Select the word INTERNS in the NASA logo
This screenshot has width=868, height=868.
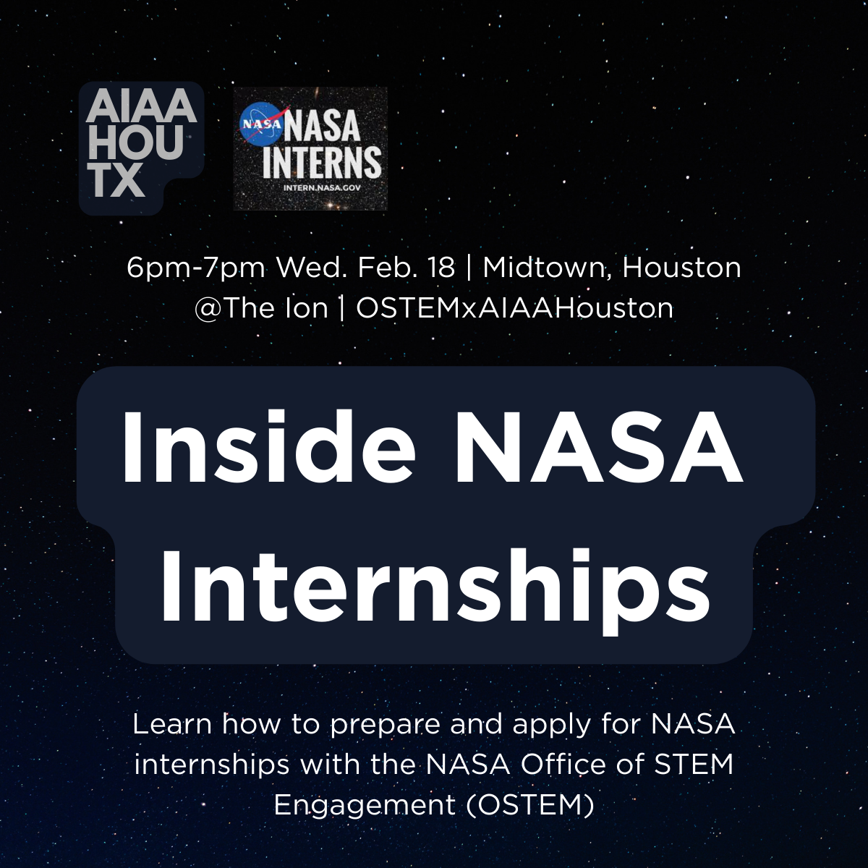321,162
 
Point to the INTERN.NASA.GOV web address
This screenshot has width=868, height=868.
322,188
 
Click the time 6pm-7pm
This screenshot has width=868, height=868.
196,268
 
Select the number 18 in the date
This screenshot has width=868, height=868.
441,268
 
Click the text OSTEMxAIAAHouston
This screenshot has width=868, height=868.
515,308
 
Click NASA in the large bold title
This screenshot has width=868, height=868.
600,448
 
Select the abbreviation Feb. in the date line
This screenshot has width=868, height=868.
386,268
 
